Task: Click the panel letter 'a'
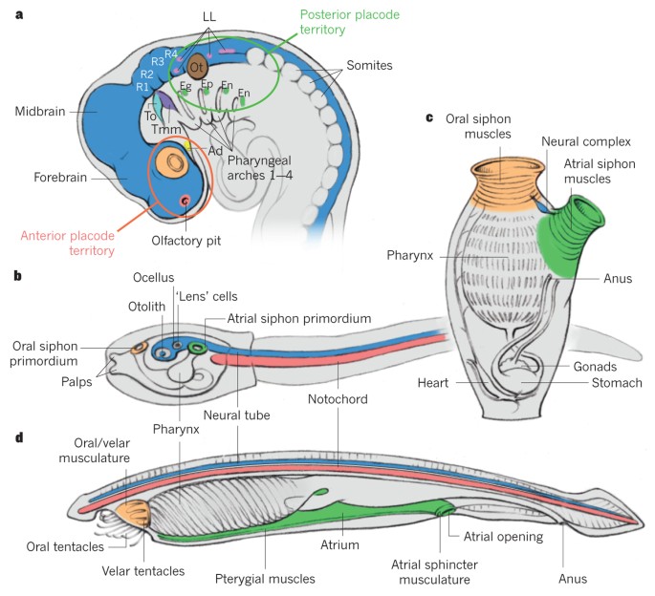coord(17,15)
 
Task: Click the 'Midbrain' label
coord(41,111)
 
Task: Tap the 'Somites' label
coord(357,64)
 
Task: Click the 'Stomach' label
coord(616,382)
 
